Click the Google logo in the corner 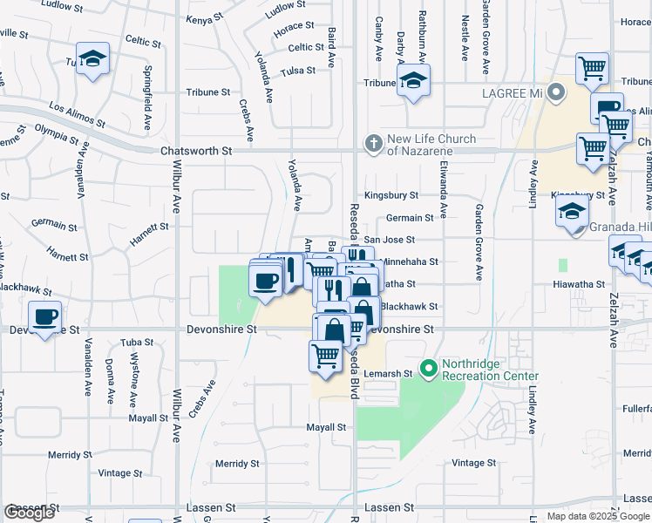point(29,513)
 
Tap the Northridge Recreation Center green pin point(428,369)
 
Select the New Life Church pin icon point(374,143)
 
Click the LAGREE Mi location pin point(554,93)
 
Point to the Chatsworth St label point(196,151)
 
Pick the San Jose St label point(389,240)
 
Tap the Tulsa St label point(297,71)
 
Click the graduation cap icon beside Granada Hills point(572,211)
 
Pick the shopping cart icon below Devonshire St point(325,355)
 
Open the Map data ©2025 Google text point(597,516)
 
